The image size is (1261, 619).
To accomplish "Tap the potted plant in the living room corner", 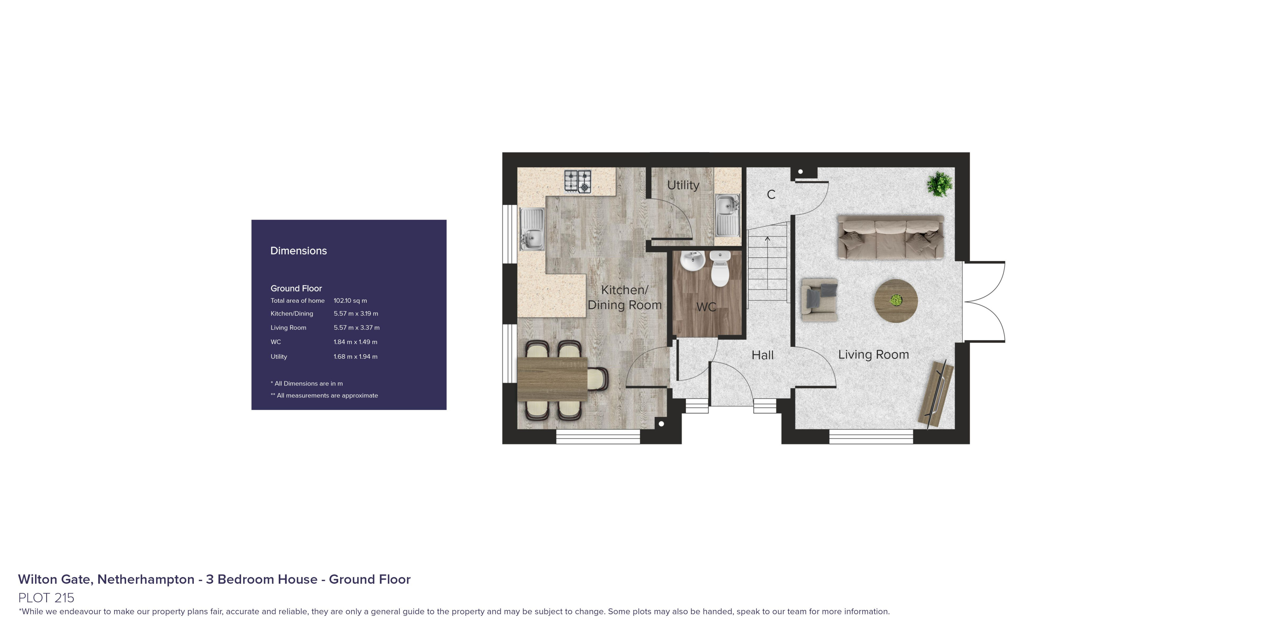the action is tap(939, 184).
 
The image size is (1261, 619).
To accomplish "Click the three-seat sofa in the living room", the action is tap(890, 237).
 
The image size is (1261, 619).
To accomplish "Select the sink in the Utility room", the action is tap(727, 215).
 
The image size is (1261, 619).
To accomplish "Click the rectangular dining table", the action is tap(552, 379).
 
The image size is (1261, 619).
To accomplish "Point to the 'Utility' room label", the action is tap(683, 185).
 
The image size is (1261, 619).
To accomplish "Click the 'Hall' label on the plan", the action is tap(763, 355).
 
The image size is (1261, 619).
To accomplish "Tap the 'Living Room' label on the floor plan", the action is tap(873, 355).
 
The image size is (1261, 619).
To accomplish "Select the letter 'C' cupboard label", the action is tap(771, 195).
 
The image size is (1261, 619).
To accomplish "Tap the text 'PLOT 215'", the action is tap(46, 598).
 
